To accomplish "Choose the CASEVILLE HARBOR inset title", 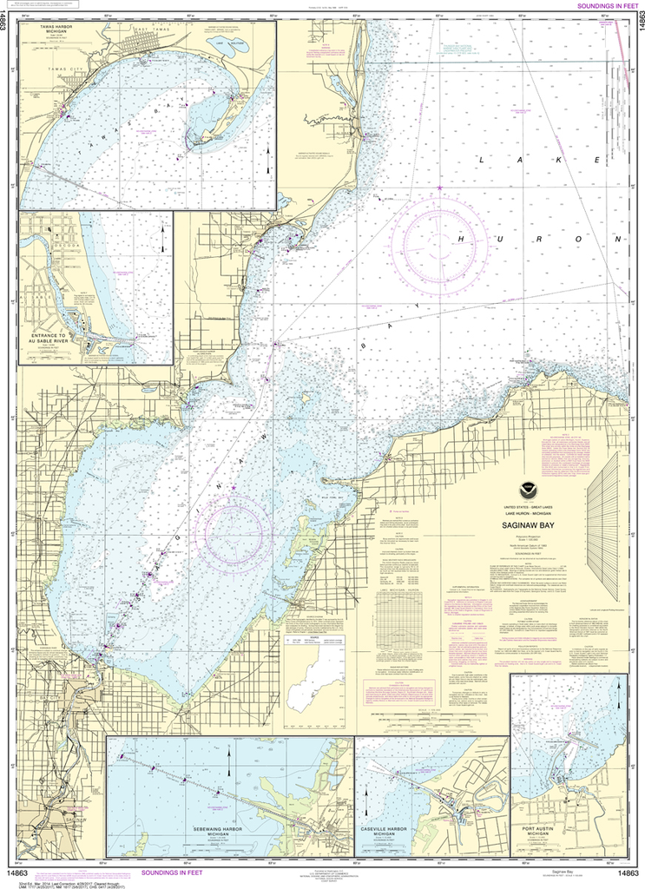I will click(383, 832).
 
